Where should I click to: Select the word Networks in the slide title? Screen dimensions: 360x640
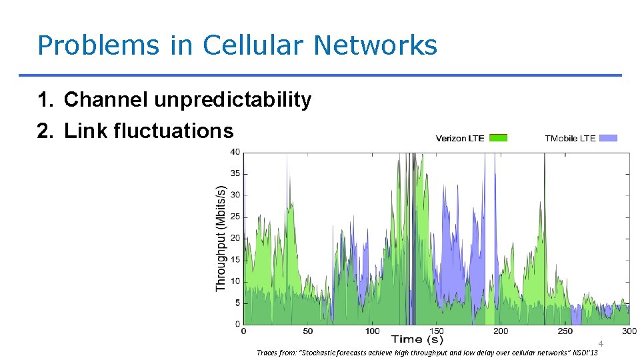[375, 45]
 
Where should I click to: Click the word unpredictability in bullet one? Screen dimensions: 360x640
[233, 100]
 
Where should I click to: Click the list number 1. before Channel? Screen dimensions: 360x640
[45, 100]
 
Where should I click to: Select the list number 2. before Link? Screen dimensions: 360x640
[45, 131]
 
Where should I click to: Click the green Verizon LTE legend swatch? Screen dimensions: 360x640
[498, 138]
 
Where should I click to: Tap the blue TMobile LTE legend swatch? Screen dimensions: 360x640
[608, 138]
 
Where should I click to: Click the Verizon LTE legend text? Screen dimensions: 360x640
[460, 139]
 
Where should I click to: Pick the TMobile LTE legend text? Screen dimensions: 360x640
[570, 139]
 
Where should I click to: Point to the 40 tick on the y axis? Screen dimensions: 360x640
[235, 152]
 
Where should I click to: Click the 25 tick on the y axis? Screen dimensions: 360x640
[235, 217]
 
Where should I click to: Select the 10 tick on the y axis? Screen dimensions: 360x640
[235, 281]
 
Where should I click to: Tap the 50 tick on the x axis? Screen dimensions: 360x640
[307, 331]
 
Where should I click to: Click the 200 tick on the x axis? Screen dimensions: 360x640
[501, 331]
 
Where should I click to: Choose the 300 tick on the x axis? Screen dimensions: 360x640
[629, 331]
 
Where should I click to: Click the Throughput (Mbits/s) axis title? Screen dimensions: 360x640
[221, 238]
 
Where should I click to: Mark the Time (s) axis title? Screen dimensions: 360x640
[417, 340]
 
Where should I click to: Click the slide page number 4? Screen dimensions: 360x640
[600, 343]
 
